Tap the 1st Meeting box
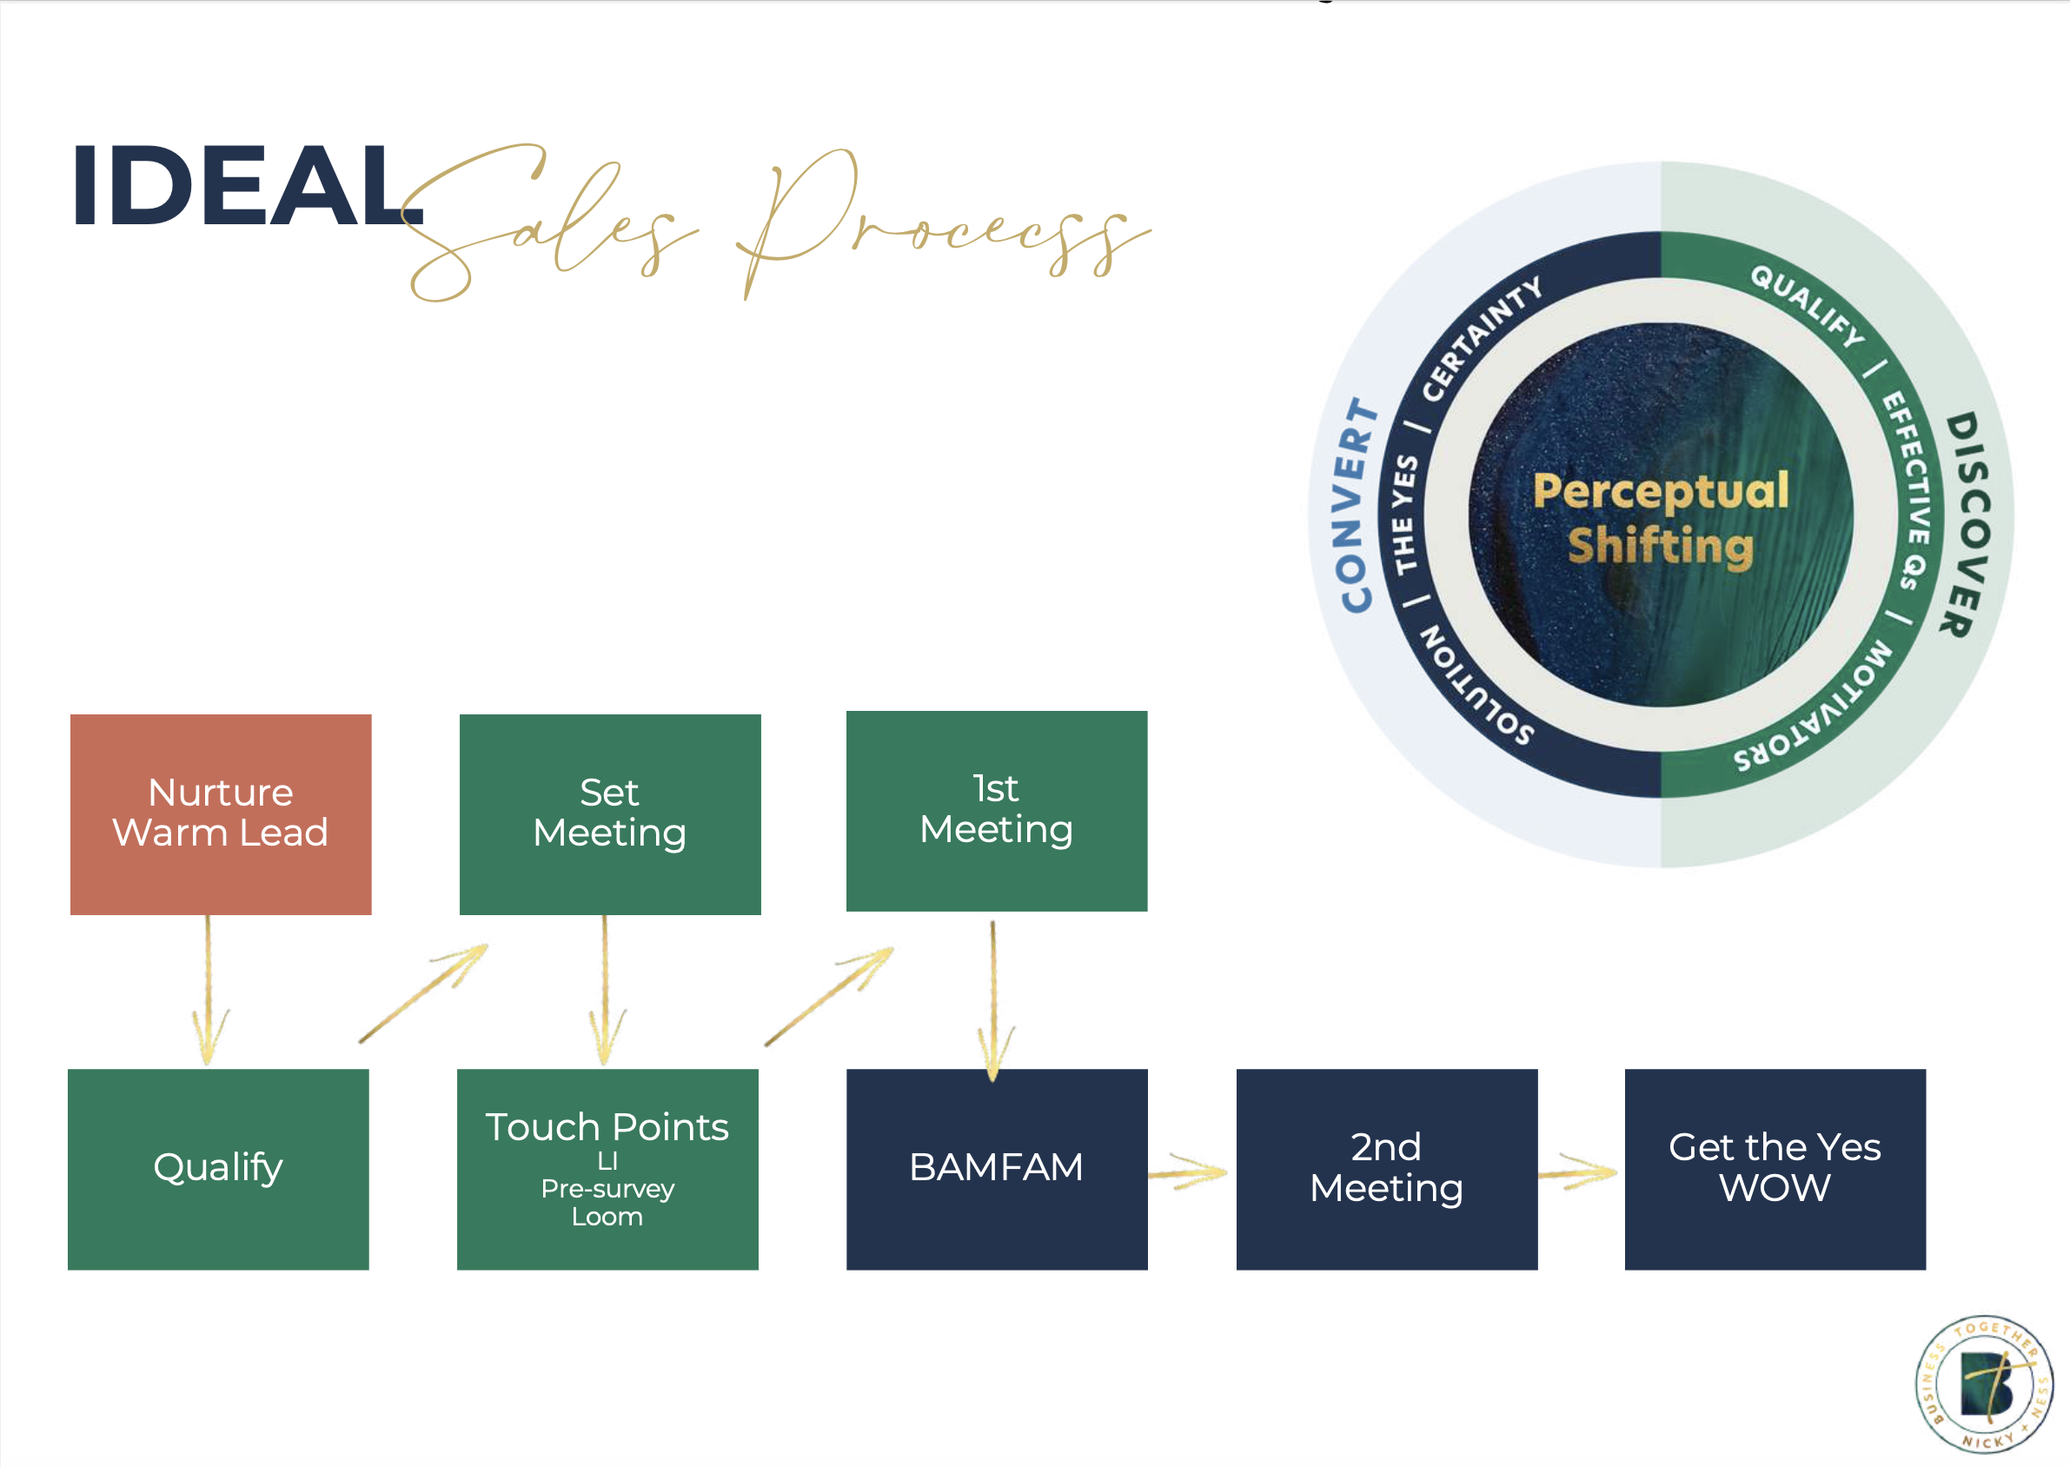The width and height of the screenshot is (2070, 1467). (x=996, y=810)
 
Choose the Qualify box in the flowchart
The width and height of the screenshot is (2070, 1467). (x=217, y=1168)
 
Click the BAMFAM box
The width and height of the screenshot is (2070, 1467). (x=996, y=1168)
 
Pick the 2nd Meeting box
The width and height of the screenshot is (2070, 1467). (x=1386, y=1168)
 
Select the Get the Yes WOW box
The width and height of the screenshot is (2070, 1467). (x=1775, y=1168)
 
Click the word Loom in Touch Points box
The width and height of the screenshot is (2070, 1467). (x=607, y=1217)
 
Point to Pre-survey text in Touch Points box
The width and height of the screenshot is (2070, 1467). (x=607, y=1189)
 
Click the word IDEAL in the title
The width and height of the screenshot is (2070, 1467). (x=244, y=186)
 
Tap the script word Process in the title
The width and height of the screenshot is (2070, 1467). (x=939, y=226)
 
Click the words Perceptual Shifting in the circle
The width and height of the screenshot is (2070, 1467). (x=1660, y=519)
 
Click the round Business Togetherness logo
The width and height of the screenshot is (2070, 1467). (x=1985, y=1384)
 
